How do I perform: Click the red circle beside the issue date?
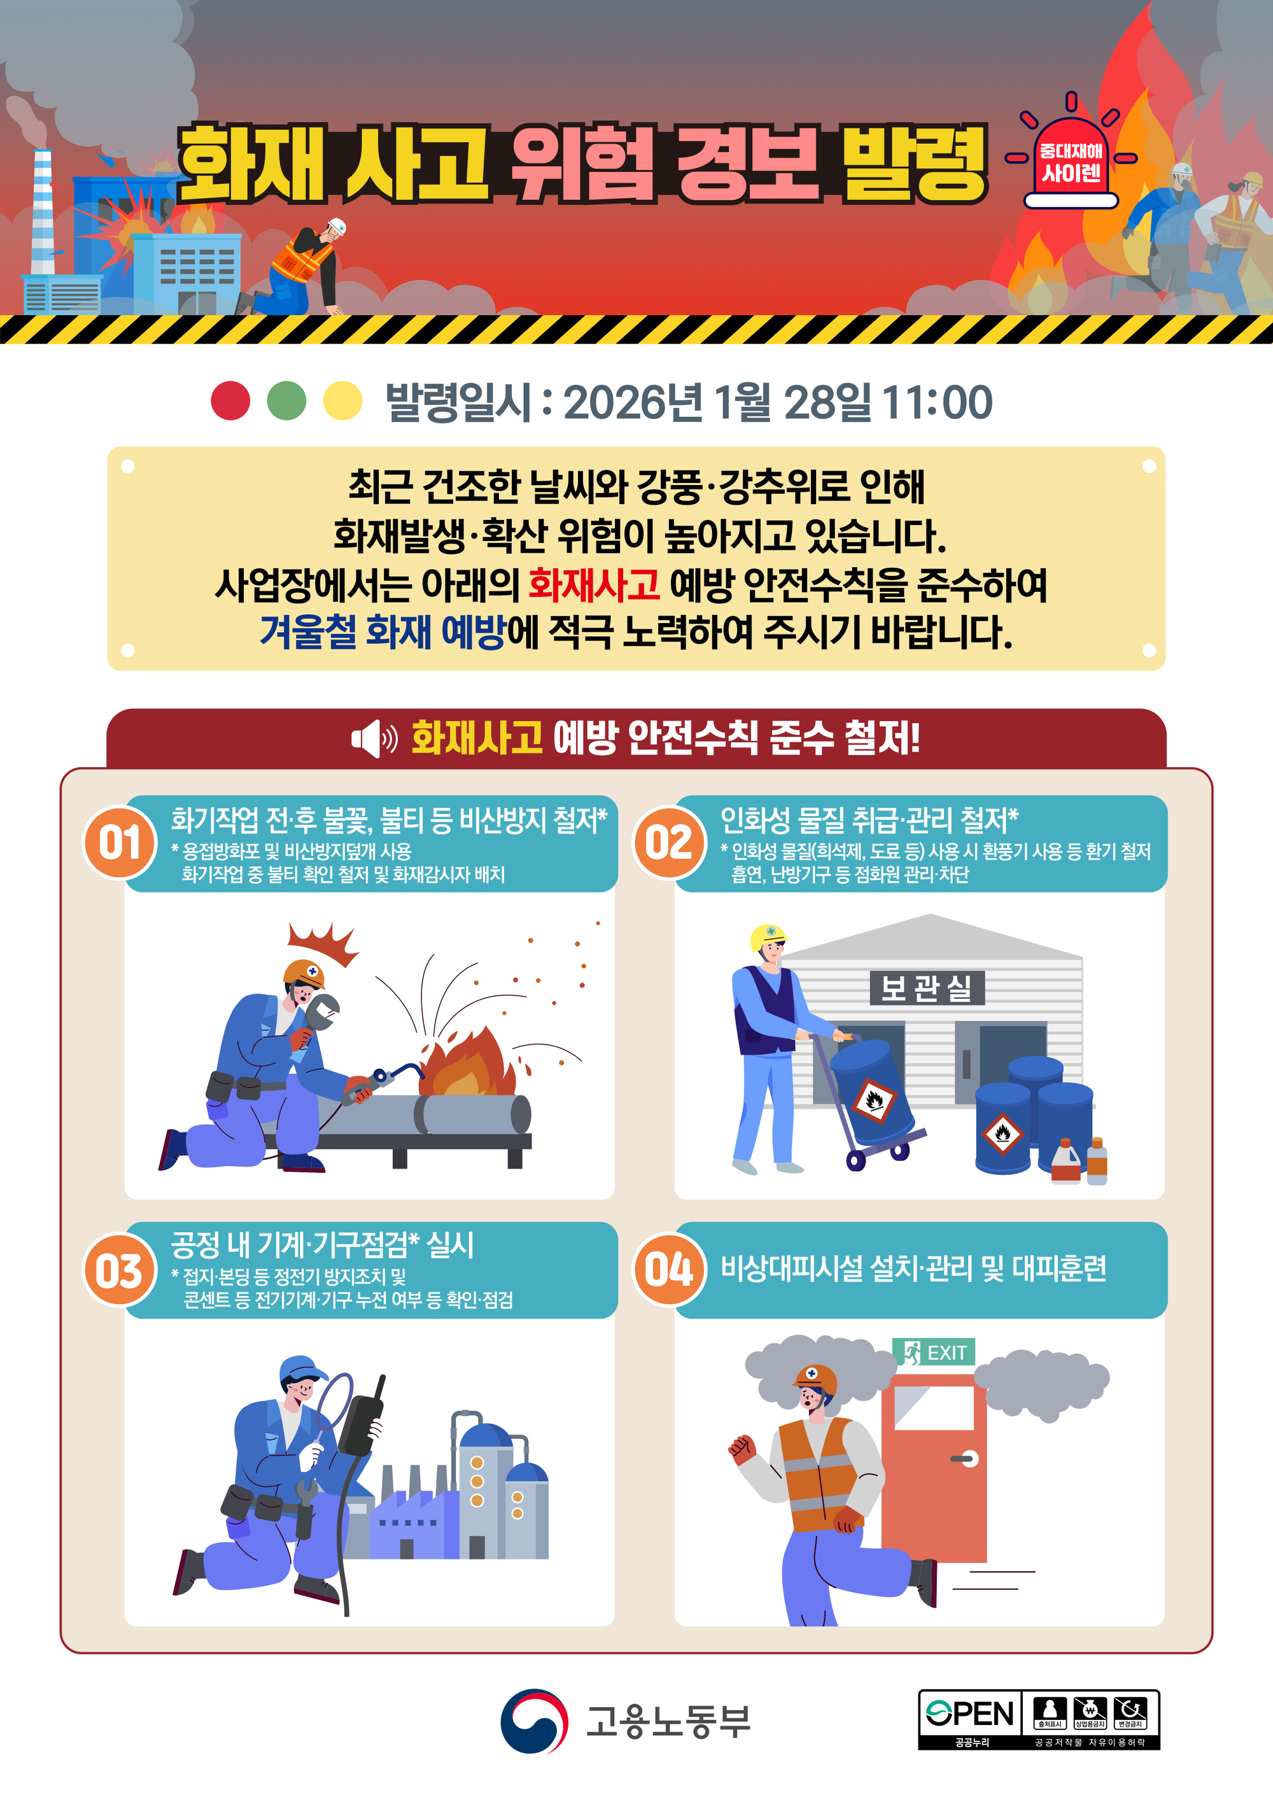click(x=230, y=400)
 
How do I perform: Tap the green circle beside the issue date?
click(x=287, y=400)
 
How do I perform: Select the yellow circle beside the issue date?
click(x=343, y=400)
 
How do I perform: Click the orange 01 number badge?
click(x=120, y=843)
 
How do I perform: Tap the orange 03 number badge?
click(x=120, y=1269)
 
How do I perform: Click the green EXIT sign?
click(x=934, y=1353)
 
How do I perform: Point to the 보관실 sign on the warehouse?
click(x=927, y=988)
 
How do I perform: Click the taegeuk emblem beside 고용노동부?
click(x=534, y=1721)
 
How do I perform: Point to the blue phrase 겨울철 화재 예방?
click(x=383, y=632)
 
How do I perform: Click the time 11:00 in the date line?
click(x=937, y=402)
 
